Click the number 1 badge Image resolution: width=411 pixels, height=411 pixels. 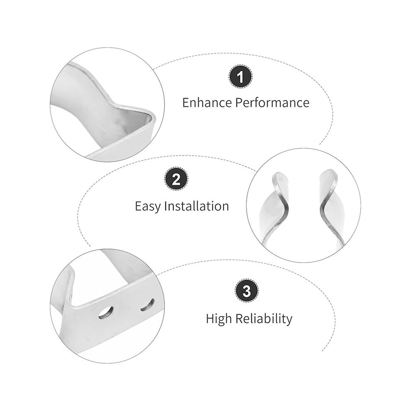(x=240, y=77)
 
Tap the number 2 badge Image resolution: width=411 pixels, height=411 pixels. (x=176, y=179)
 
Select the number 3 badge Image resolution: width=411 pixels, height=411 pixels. (x=246, y=291)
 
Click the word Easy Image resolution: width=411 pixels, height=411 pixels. (x=147, y=206)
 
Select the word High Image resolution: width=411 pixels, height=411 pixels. (x=219, y=319)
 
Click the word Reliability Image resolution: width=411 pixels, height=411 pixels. (x=264, y=319)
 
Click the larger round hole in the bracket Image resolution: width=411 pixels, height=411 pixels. (x=106, y=313)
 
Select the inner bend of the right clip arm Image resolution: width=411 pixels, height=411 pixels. (x=323, y=207)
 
